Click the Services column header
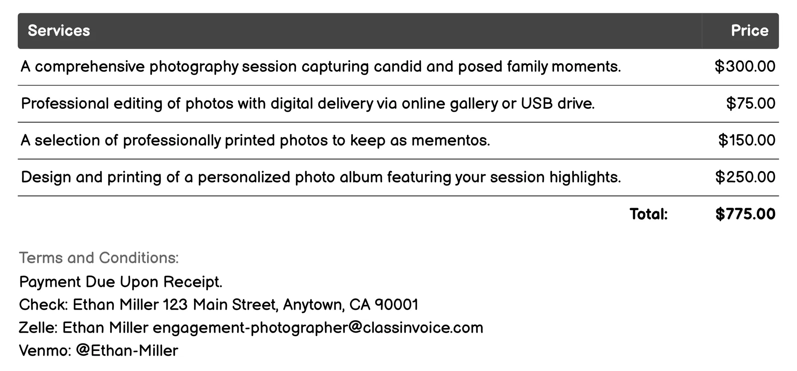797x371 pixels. point(59,31)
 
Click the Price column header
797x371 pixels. point(749,31)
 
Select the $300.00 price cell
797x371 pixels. point(745,67)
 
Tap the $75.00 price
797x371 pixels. point(750,103)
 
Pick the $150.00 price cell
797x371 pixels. point(746,140)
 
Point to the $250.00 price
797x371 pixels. point(745,177)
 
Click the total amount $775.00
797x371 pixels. point(745,214)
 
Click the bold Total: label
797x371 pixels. point(649,214)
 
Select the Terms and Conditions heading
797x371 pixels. point(99,258)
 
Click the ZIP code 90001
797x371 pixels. point(396,304)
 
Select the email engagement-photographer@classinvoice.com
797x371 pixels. point(318,328)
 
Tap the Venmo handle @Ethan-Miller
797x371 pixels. point(127,351)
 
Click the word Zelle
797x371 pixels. point(38,328)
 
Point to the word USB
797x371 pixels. point(537,103)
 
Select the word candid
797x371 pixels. point(398,67)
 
